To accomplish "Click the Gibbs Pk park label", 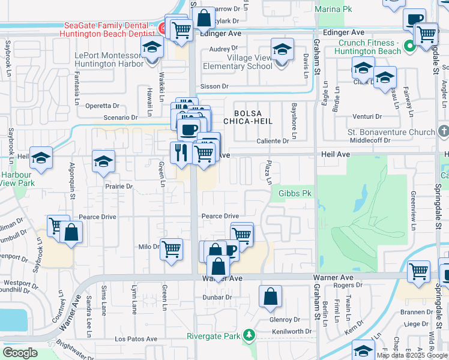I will (x=295, y=194).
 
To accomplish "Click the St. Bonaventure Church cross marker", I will (x=443, y=131).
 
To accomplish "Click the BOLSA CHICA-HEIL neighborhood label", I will (x=249, y=117).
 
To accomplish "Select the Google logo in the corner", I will (x=20, y=353).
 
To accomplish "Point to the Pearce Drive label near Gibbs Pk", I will (x=220, y=216).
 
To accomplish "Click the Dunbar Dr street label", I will (x=217, y=297).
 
